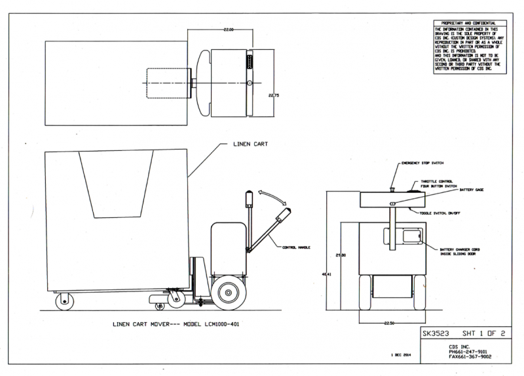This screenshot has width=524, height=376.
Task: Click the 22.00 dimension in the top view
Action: [x=228, y=30]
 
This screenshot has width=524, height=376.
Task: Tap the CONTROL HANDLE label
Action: [x=295, y=247]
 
